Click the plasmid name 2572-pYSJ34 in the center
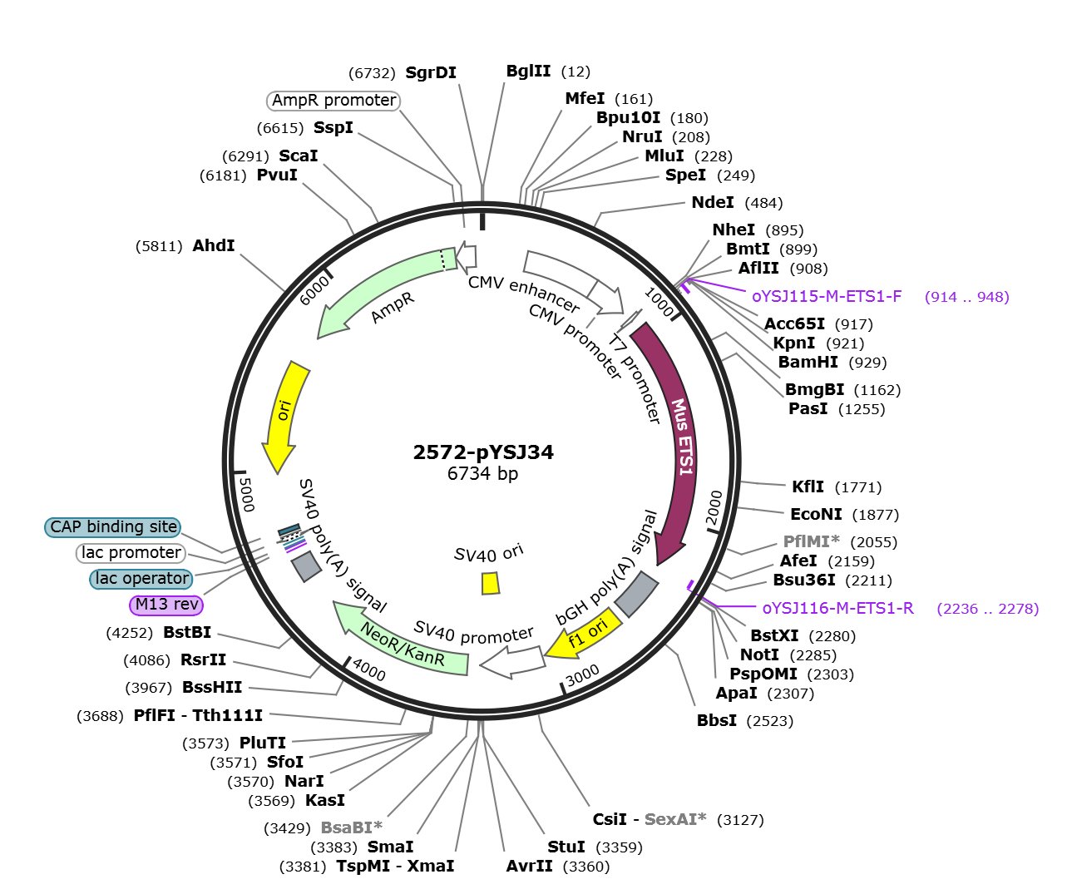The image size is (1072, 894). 483,452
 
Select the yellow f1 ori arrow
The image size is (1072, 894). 585,635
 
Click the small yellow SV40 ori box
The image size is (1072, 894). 491,584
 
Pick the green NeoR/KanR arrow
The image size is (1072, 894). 401,641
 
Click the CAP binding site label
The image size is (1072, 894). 113,527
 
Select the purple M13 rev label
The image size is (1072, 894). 166,605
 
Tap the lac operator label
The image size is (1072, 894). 141,579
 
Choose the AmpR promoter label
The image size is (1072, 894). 333,100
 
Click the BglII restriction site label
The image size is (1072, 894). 528,71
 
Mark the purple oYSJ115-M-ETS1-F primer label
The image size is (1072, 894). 827,296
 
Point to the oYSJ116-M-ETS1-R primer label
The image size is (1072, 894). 837,608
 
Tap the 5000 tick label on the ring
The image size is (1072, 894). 247,495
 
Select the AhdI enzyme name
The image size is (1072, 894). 214,245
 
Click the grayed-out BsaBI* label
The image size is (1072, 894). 351,827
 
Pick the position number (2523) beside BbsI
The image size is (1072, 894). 769,721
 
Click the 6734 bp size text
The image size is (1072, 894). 482,473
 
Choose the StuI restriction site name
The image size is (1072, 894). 566,847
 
